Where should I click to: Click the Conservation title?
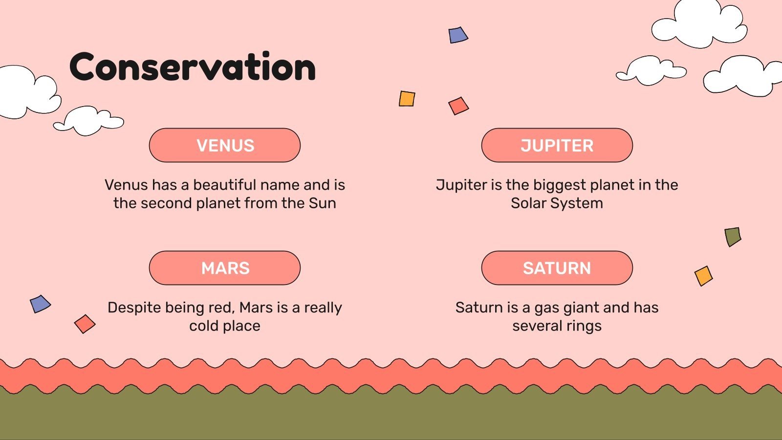point(193,66)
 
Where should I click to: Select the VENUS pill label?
point(225,145)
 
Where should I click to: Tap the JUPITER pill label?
point(557,145)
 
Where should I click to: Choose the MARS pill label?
point(225,268)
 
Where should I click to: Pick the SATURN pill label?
point(557,268)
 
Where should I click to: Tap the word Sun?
point(322,203)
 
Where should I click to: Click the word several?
point(537,326)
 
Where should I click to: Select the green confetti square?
point(733,237)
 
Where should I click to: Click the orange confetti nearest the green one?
point(703,276)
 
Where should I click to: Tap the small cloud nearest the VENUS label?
point(88,121)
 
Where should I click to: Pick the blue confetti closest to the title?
point(458,35)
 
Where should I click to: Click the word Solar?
point(528,203)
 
